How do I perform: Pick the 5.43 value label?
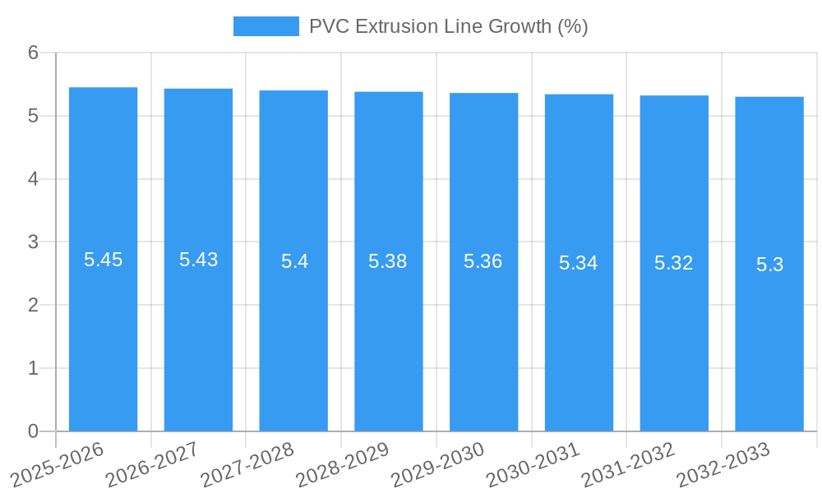click(198, 260)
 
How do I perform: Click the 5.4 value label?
click(294, 261)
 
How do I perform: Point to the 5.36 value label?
click(483, 261)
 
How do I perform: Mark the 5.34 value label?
click(579, 263)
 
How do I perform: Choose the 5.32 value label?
click(674, 263)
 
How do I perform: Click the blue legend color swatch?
click(266, 26)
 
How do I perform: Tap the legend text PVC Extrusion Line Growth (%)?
click(448, 26)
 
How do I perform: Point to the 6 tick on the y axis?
click(33, 53)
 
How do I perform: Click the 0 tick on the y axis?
click(33, 431)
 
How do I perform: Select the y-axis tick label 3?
click(33, 242)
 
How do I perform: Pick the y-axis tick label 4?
click(33, 179)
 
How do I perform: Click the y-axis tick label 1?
click(33, 368)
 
